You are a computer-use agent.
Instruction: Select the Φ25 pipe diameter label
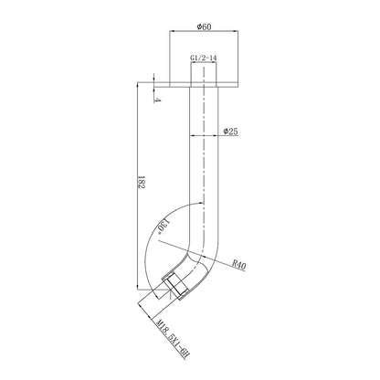coord(230,132)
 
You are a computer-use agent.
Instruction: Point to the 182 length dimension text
coord(134,184)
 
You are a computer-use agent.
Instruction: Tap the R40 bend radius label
coord(239,266)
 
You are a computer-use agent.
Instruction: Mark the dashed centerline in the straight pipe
coord(202,164)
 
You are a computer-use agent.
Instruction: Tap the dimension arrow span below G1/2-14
coord(203,66)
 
